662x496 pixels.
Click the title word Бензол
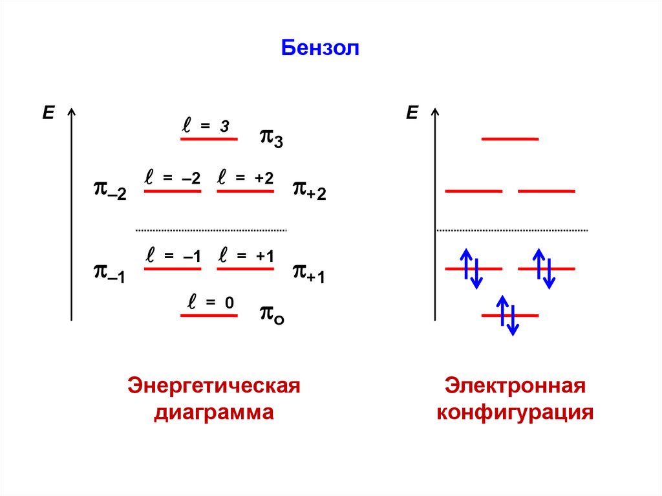tap(319, 49)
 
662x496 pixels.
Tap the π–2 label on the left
tap(109, 191)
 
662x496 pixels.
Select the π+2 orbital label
tap(309, 189)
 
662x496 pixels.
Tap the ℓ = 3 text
tap(205, 127)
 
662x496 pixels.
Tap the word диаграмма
tap(214, 412)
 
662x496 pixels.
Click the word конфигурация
tap(515, 412)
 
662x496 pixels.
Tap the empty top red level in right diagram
tap(510, 139)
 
